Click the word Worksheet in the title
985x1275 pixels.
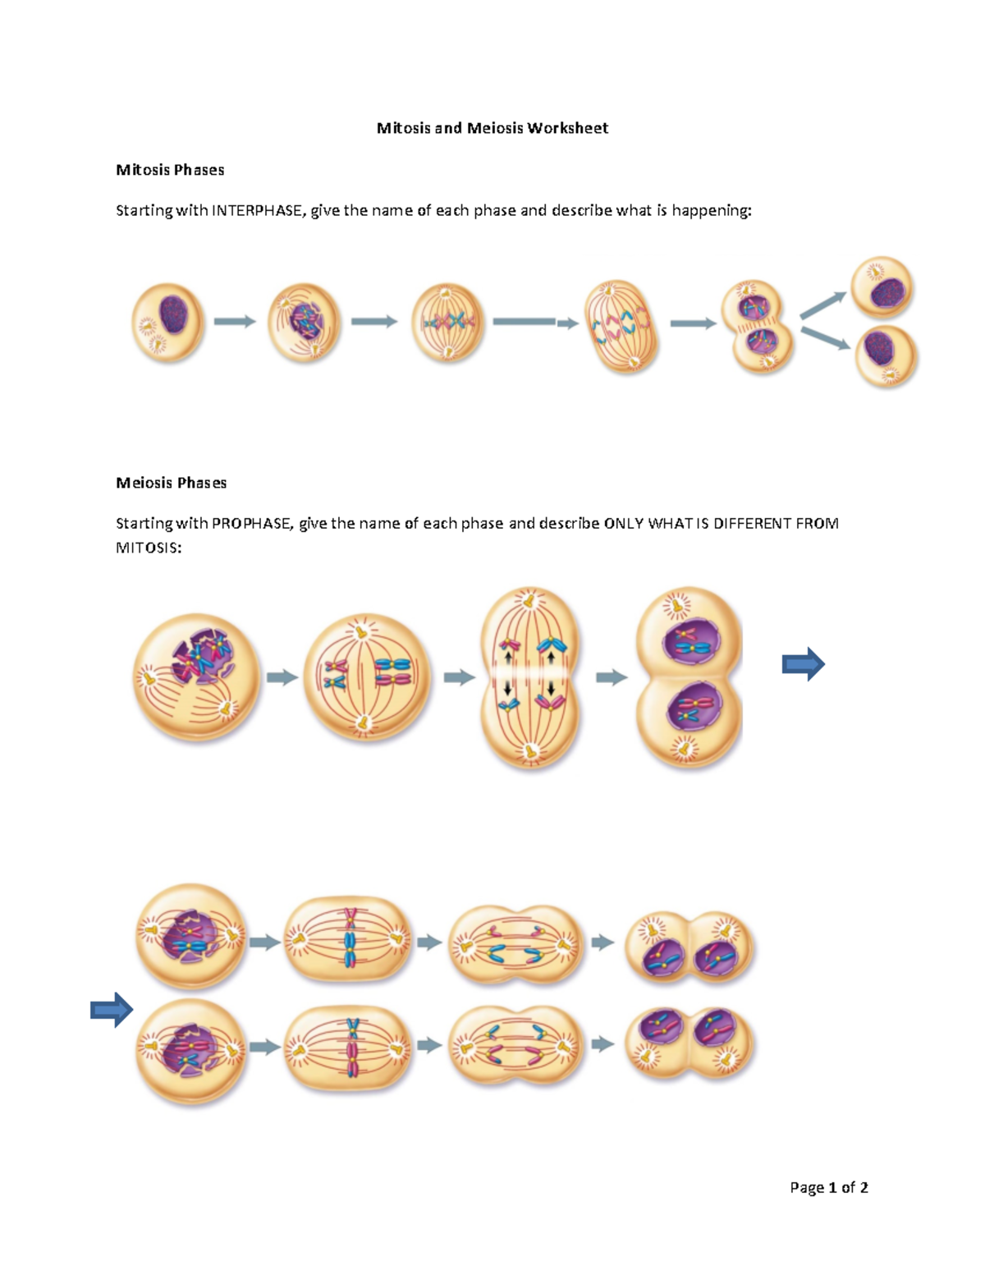point(567,128)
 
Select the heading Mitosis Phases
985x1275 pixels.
point(170,170)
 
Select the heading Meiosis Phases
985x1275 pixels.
point(171,483)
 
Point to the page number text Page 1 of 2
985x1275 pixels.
point(828,1187)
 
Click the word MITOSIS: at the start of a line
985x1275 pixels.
point(149,548)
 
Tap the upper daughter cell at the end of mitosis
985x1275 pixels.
point(882,287)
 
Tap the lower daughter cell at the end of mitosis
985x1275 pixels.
point(886,355)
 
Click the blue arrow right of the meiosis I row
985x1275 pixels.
point(803,664)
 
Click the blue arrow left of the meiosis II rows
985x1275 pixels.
point(112,1010)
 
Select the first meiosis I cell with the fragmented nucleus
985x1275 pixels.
point(197,677)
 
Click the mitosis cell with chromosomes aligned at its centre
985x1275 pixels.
point(447,323)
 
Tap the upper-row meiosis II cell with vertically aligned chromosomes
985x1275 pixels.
point(348,939)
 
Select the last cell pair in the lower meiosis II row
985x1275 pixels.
point(689,1043)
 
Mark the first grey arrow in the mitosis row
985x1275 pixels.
point(235,322)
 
